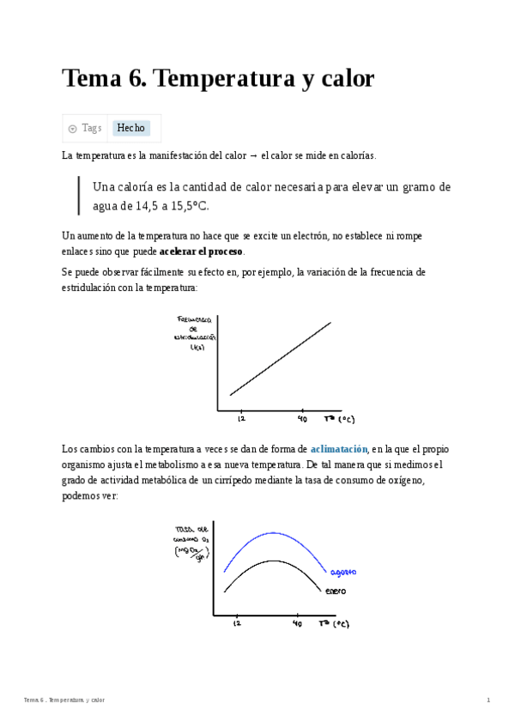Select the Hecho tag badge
[131, 128]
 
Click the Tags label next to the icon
[91, 128]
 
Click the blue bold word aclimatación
[339, 449]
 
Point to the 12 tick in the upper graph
[241, 418]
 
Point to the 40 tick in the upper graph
[302, 418]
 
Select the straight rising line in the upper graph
[281, 358]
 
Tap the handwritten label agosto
[342, 573]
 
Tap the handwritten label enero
[336, 591]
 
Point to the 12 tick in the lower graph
[237, 623]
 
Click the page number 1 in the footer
[488, 701]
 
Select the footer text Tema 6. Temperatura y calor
[64, 701]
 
